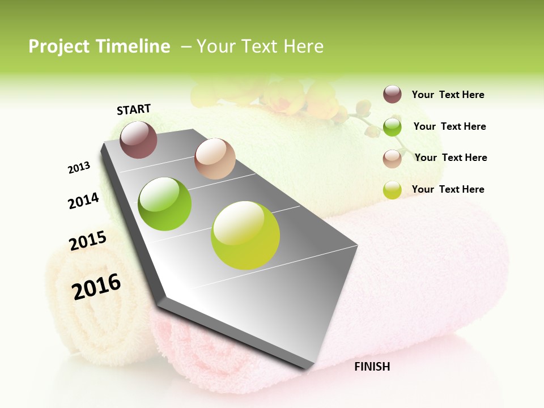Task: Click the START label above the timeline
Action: [134, 109]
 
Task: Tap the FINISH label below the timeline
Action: [372, 367]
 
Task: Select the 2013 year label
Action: [79, 168]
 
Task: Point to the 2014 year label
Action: [83, 201]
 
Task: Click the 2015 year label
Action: [88, 241]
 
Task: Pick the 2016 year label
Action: [96, 286]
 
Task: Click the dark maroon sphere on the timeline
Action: [138, 139]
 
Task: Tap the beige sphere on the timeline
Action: [215, 159]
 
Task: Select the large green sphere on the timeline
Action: [165, 204]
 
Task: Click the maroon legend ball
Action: [392, 94]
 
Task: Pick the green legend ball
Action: [392, 127]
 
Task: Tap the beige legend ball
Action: [392, 159]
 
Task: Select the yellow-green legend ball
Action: [392, 190]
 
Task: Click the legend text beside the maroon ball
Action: [448, 95]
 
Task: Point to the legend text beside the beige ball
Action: [450, 158]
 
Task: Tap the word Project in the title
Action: [58, 46]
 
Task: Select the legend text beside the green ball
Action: [449, 126]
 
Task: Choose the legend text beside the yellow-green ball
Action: [448, 189]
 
